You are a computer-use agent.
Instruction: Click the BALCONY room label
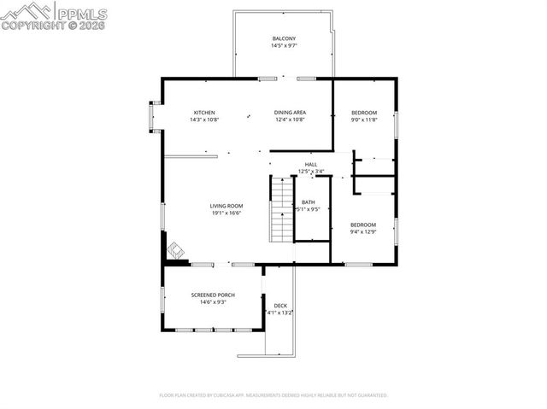[284, 39]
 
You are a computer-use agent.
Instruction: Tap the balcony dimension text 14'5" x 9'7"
[284, 46]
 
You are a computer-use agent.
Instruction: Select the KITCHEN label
[204, 113]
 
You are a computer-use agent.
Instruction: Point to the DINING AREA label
[290, 113]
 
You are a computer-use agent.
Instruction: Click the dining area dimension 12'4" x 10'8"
[290, 120]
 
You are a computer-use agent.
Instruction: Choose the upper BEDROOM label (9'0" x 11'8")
[363, 113]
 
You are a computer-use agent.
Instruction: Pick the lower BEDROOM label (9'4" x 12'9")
[363, 225]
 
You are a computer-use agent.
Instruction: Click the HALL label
[311, 164]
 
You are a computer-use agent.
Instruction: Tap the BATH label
[308, 202]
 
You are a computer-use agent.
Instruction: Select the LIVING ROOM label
[227, 206]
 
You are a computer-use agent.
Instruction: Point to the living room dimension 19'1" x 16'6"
[227, 213]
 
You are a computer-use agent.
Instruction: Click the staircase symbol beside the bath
[282, 209]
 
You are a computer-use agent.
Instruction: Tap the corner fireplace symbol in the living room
[175, 250]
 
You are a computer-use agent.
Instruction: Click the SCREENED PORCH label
[213, 295]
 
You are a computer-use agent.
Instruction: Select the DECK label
[280, 306]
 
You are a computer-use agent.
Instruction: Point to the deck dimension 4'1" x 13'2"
[280, 313]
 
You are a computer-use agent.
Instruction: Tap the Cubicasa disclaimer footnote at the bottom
[273, 395]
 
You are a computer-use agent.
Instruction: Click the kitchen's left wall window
[154, 117]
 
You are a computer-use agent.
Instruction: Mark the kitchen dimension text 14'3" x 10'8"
[204, 120]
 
